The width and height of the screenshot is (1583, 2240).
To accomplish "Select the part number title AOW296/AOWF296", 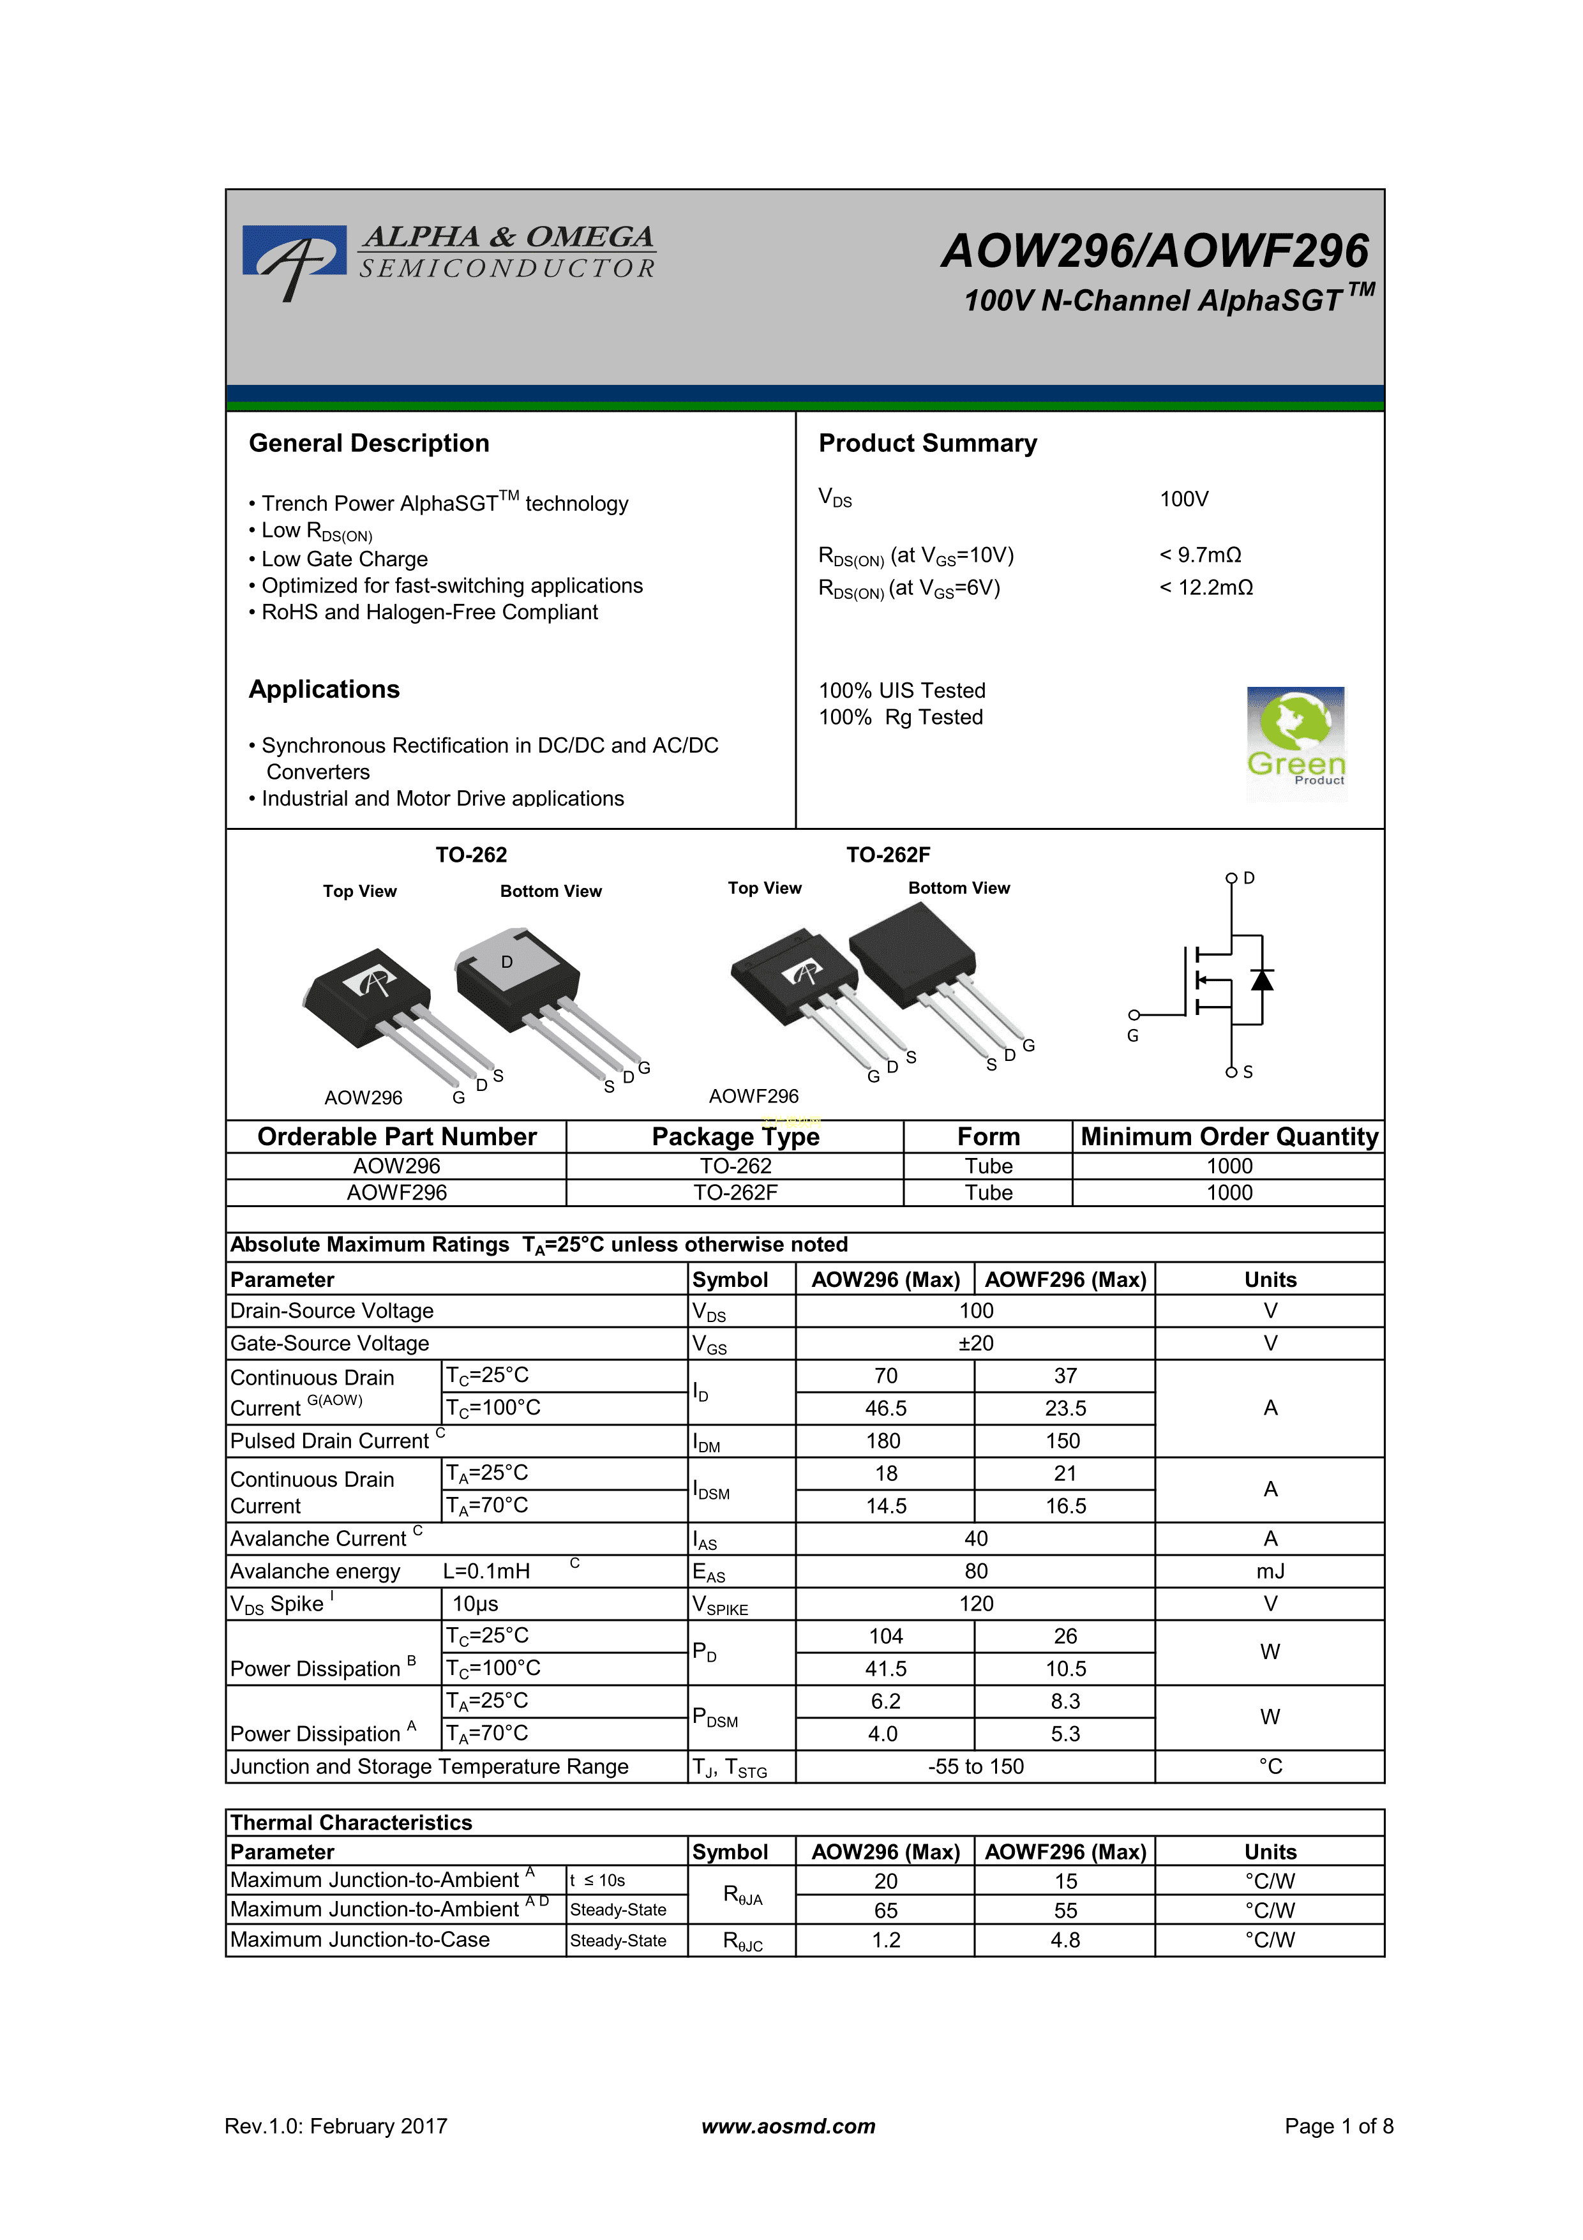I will [x=1154, y=251].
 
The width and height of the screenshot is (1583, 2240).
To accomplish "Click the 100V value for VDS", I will [x=1183, y=499].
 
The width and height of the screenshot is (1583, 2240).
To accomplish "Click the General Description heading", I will [x=369, y=444].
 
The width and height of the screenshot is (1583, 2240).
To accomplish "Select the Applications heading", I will [x=324, y=690].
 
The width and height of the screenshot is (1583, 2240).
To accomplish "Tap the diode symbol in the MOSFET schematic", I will [x=1262, y=979].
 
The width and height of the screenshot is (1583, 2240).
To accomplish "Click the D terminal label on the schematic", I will [x=1249, y=878].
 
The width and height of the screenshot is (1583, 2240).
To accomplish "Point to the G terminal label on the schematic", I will [x=1132, y=1036].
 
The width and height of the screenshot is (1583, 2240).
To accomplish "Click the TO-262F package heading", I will [x=888, y=855].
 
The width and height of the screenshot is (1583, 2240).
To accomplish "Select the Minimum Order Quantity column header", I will [x=1229, y=1136].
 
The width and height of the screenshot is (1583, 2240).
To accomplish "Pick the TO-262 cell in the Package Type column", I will [x=735, y=1166].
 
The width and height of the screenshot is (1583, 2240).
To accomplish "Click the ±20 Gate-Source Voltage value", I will [x=975, y=1343].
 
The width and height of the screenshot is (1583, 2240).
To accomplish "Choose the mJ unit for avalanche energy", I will [x=1270, y=1572].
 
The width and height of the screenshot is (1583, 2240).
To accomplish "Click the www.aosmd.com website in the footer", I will [x=788, y=2126].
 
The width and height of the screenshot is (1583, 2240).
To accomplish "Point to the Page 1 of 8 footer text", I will [x=1338, y=2126].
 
